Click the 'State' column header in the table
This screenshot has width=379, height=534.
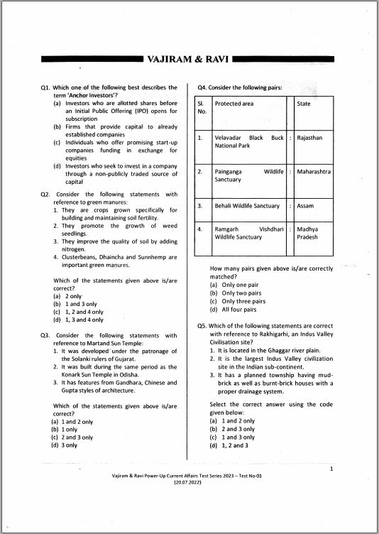(304, 104)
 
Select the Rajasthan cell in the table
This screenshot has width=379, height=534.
(309, 137)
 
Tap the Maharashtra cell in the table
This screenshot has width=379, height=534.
(314, 171)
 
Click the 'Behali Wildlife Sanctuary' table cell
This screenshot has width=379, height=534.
(247, 206)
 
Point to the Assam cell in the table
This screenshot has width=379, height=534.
(305, 206)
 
